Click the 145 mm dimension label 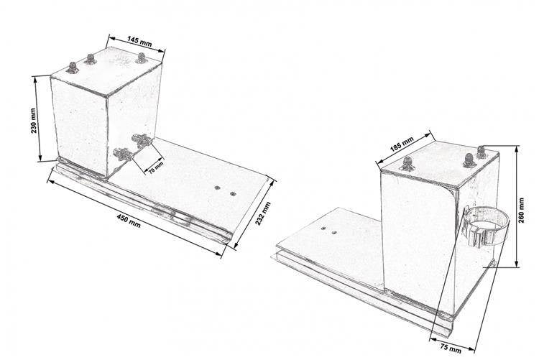139,41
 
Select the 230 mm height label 33,121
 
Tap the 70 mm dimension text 156,168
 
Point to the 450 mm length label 129,221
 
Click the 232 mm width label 262,213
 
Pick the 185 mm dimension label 402,144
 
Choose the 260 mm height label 522,210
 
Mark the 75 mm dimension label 451,347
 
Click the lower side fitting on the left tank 123,154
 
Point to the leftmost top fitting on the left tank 73,68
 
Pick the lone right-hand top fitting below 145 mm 141,58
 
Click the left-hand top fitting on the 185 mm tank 407,164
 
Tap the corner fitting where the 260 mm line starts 482,152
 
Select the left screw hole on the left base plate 217,188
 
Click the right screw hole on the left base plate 233,194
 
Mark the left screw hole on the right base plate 323,228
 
